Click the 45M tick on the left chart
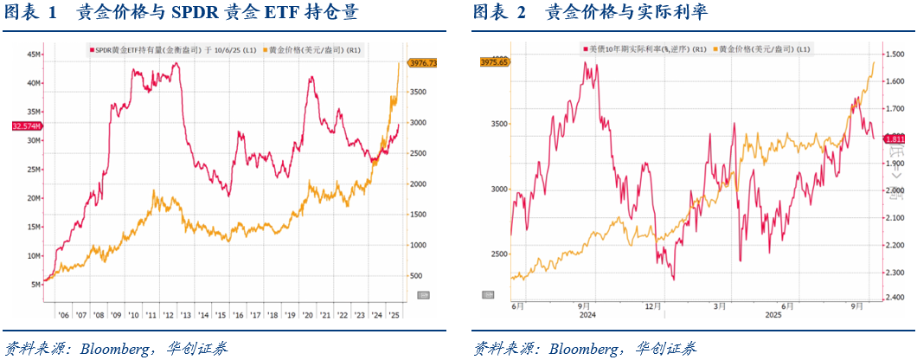point(35,54)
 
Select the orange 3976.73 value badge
point(422,62)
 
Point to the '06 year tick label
point(63,315)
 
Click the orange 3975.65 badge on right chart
point(495,62)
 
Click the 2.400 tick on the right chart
point(896,298)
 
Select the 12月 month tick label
point(652,305)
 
